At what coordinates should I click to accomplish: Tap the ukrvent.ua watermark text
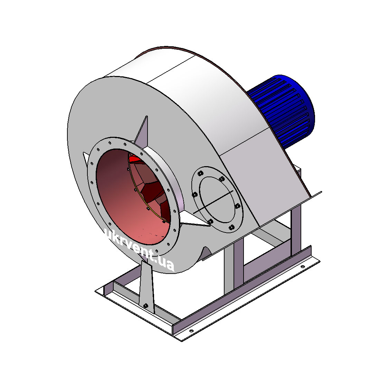(x=138, y=250)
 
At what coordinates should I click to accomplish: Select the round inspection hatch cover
(x=218, y=199)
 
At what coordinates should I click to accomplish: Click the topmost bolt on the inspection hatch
(x=200, y=173)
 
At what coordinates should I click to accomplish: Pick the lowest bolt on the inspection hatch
(x=232, y=227)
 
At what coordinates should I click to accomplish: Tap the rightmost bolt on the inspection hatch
(x=238, y=206)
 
